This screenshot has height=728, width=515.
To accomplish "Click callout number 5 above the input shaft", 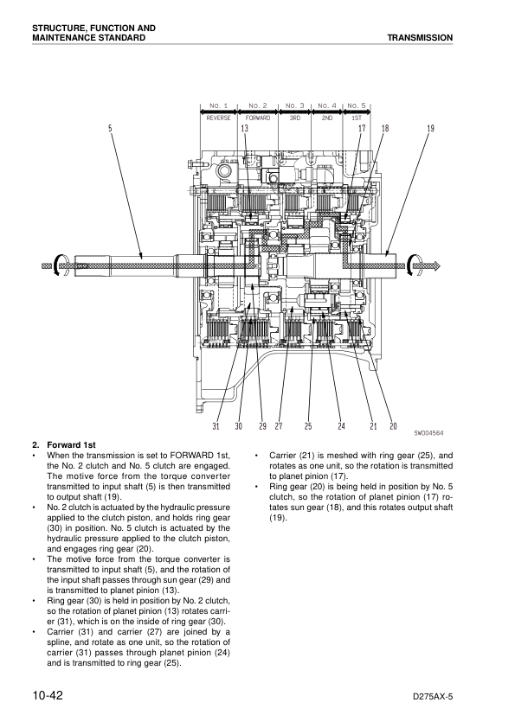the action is [x=110, y=128].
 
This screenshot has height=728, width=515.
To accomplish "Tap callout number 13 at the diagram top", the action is [x=244, y=128].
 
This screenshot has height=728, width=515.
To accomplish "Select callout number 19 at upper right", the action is [x=430, y=128].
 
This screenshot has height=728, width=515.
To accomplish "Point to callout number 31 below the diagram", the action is [x=216, y=425].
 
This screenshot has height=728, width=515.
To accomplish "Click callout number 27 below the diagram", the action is [x=279, y=425].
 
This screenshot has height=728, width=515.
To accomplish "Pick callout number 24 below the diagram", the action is [x=342, y=425].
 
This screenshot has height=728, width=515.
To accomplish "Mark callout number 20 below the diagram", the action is [x=393, y=425].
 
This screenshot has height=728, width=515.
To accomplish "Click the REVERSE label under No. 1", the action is [x=218, y=118].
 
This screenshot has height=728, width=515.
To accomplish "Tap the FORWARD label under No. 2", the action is [x=258, y=118].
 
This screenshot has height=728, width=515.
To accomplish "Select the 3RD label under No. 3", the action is [x=294, y=118].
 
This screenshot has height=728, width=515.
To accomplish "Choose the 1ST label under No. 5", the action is [x=357, y=118].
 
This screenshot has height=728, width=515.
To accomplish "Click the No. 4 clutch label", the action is [x=327, y=105].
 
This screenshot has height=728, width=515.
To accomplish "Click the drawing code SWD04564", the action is [x=428, y=432].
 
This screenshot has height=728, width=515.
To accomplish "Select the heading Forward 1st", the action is [x=71, y=444].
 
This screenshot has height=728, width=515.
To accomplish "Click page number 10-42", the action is [x=48, y=696].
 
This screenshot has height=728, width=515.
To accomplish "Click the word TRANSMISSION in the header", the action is [x=420, y=37].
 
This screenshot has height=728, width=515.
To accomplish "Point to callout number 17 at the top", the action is [x=363, y=128].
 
